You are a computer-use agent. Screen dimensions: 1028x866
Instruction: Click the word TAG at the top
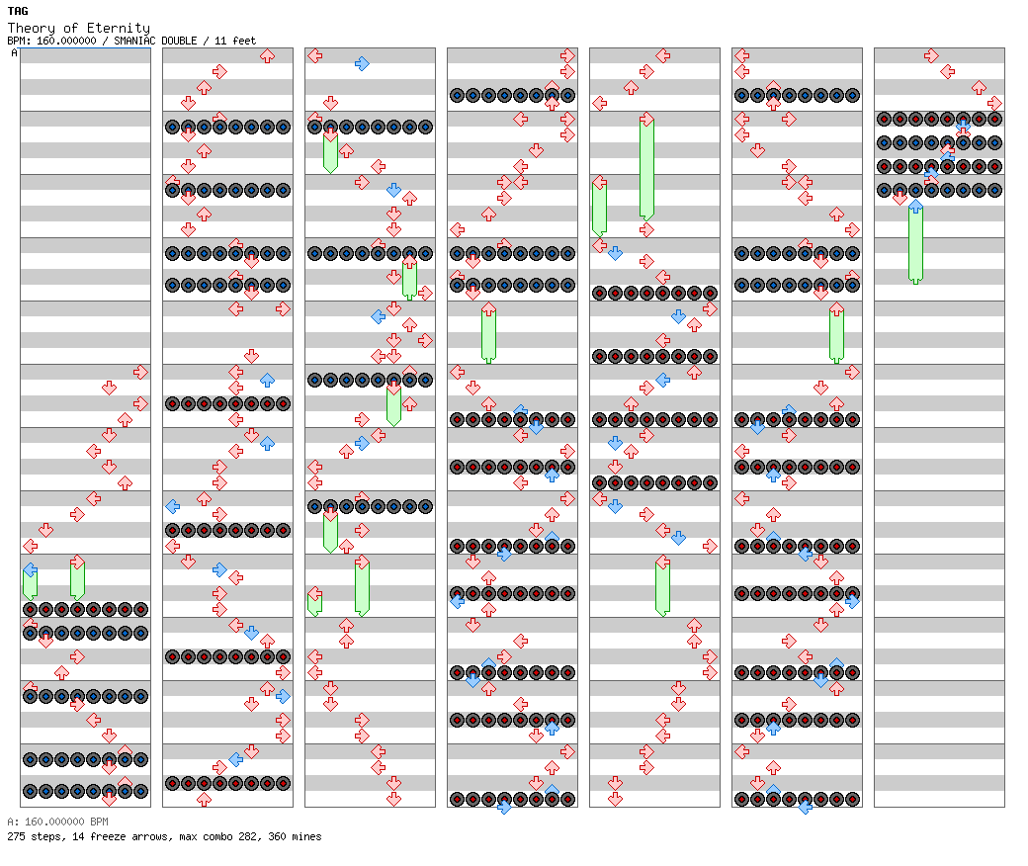(18, 11)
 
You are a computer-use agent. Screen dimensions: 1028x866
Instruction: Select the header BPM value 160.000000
(66, 41)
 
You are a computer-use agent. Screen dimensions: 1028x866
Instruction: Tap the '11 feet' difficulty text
(235, 41)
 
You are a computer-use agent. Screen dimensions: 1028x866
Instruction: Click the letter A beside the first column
(14, 52)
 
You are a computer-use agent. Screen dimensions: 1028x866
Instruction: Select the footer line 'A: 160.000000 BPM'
(57, 822)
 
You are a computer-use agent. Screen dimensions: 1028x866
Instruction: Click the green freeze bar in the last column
(916, 243)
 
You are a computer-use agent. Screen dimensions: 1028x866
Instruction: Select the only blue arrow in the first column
(31, 569)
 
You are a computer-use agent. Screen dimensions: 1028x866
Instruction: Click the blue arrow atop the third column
(362, 63)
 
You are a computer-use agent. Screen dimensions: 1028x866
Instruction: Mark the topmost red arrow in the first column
(140, 373)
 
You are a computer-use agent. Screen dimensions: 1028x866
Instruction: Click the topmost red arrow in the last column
(931, 55)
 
